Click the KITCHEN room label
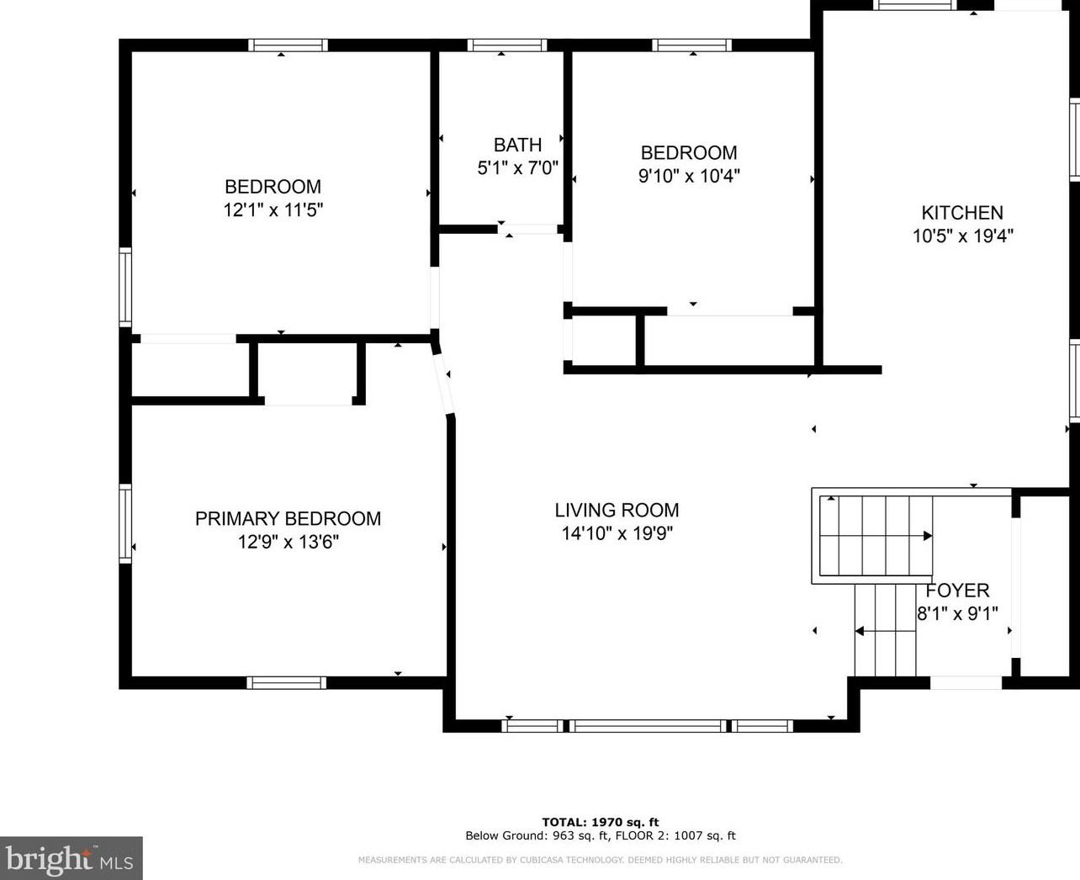962,213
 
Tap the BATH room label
517,145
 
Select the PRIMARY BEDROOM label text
288,518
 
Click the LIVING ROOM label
617,510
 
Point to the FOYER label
957,591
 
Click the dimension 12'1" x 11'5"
273,210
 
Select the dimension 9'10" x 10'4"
689,177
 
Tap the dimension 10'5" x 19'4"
962,236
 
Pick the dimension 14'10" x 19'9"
617,533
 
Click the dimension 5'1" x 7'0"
517,168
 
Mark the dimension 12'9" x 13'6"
288,542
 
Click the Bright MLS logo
71,859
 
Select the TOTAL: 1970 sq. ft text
600,822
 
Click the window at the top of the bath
506,45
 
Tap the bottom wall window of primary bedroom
286,682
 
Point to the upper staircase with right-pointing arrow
876,535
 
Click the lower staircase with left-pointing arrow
885,630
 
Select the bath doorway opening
528,229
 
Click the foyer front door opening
966,682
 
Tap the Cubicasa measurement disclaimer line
600,860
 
